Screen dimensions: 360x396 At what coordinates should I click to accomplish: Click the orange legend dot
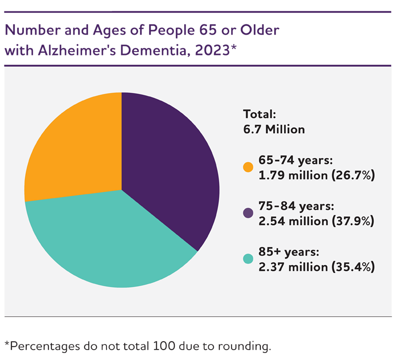pos(248,167)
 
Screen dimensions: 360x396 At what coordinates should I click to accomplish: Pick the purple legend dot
pos(248,213)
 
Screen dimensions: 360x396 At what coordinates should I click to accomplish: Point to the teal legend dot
pos(248,259)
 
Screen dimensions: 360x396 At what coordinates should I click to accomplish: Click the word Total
pos(259,114)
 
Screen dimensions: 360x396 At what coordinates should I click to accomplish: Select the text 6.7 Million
pos(274,129)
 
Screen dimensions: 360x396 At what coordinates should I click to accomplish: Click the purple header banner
pos(198,39)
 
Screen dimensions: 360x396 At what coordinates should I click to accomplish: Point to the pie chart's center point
pos(122,190)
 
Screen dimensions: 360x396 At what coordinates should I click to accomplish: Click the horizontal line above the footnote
pos(198,315)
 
